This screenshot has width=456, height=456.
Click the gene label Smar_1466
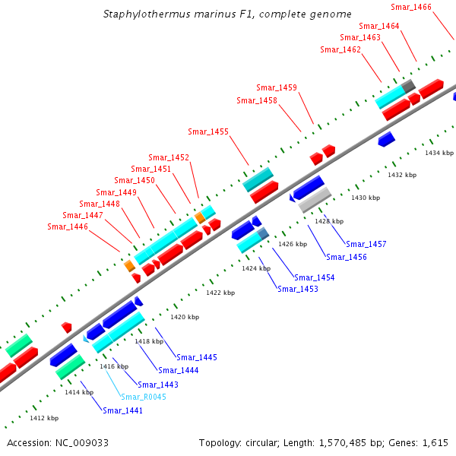[411, 7]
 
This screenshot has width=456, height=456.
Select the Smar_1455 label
[208, 132]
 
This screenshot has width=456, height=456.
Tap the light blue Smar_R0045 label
[143, 397]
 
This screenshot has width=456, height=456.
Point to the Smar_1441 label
[122, 410]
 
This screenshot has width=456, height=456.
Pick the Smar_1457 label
[366, 244]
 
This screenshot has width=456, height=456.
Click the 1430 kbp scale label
[366, 198]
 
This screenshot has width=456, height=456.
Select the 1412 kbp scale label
[44, 418]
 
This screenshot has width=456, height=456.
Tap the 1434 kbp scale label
[439, 153]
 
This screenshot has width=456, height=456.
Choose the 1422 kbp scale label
[220, 293]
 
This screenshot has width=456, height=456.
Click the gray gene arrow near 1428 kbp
[315, 200]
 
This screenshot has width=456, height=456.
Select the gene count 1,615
[435, 442]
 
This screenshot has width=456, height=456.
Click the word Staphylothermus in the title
[141, 14]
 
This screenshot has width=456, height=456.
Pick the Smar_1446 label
[68, 226]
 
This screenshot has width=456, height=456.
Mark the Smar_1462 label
[340, 49]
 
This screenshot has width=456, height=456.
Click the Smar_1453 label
[298, 289]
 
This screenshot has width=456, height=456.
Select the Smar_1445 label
[197, 357]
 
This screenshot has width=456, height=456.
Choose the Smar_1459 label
[277, 87]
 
